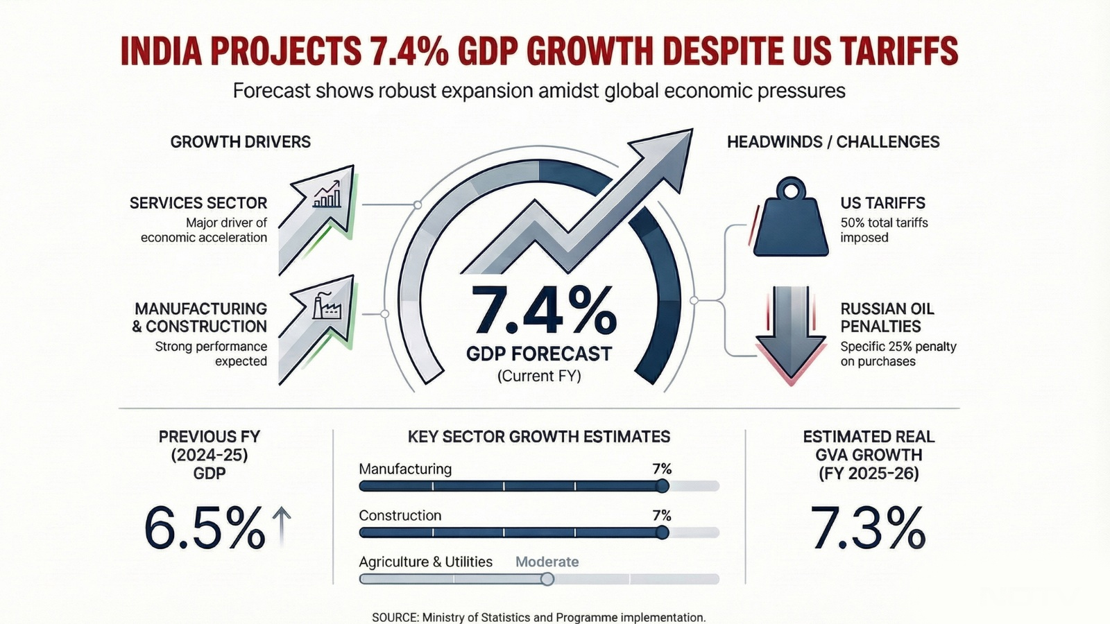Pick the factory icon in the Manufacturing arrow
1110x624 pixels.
tap(327, 305)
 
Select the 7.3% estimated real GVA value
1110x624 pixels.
tap(868, 529)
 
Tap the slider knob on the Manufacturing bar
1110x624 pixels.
tap(663, 486)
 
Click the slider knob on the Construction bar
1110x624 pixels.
tap(662, 532)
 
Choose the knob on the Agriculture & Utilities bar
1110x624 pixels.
tap(547, 579)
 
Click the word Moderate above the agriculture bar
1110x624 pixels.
tap(547, 562)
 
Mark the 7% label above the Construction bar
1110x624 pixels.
tap(662, 515)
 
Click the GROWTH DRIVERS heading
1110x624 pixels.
tap(240, 142)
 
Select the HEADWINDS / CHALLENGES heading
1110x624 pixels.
tap(833, 142)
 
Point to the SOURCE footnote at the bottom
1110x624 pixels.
tap(538, 617)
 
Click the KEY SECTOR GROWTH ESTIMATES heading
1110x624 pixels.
tap(538, 437)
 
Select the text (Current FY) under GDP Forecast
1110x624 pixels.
tap(539, 376)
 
